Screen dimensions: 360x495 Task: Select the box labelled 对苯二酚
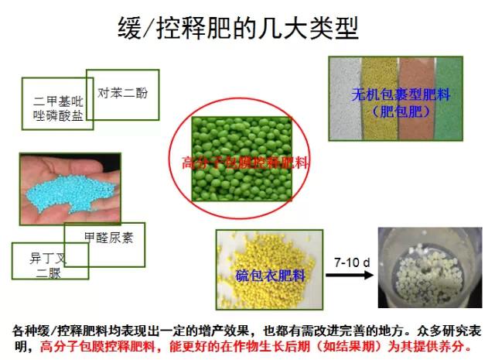coord(122,94)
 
